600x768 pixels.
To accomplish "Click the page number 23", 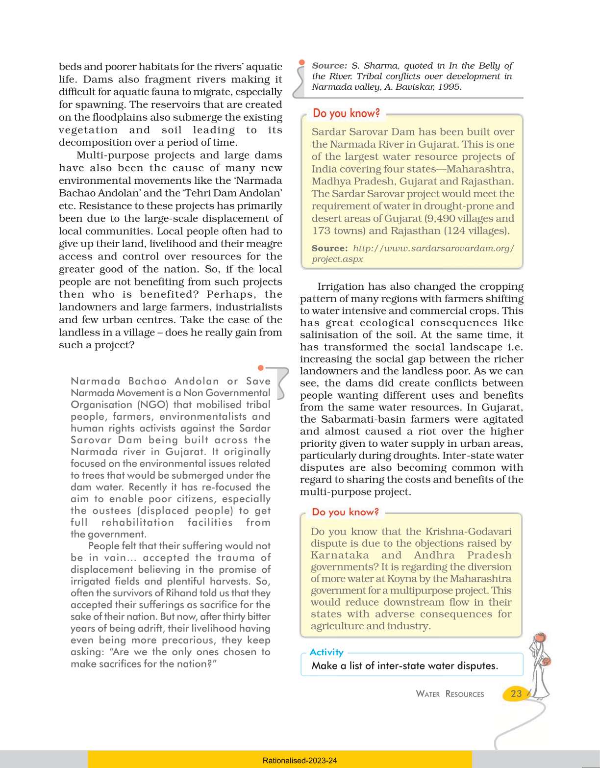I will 516,693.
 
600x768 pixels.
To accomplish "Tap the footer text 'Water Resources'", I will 450,694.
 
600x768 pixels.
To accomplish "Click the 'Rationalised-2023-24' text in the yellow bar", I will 300,761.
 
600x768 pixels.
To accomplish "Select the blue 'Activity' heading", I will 326,652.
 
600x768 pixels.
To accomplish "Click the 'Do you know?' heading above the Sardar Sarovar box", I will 346,113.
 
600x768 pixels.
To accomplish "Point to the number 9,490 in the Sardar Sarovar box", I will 443,218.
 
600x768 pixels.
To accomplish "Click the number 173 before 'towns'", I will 322,230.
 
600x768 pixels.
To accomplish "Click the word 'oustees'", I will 114,511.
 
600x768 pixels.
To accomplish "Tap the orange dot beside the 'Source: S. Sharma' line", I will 302,63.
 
